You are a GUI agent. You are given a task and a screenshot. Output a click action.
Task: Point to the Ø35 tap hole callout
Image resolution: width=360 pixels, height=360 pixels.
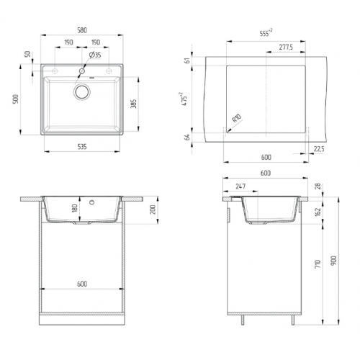tap(94, 55)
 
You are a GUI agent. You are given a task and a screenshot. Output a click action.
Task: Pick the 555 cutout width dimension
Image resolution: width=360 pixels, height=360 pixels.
tap(266, 33)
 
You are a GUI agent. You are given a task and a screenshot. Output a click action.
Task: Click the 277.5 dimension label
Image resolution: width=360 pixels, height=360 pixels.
tap(284, 48)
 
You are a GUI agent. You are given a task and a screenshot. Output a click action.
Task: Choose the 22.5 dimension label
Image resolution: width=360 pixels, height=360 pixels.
tap(318, 150)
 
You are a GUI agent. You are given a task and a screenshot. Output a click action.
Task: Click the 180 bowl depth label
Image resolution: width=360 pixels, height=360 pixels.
tap(73, 208)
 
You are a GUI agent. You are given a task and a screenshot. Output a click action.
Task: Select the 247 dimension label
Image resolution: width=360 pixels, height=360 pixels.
tap(240, 186)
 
